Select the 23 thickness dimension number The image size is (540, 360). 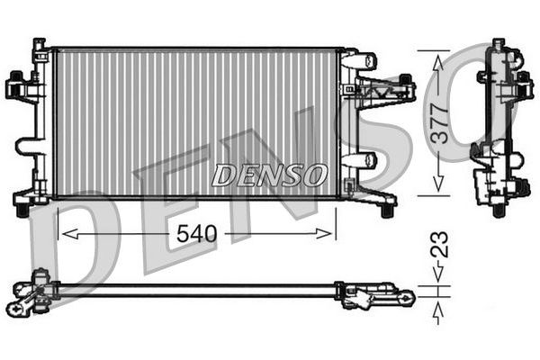(x=438, y=245)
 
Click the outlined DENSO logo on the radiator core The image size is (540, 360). (x=269, y=175)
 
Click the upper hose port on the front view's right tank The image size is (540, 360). (x=361, y=61)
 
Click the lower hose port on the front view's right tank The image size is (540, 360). (x=361, y=161)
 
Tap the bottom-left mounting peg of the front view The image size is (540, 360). (x=20, y=208)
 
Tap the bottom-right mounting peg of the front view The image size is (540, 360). (x=387, y=210)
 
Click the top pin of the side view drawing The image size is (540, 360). (x=498, y=44)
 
